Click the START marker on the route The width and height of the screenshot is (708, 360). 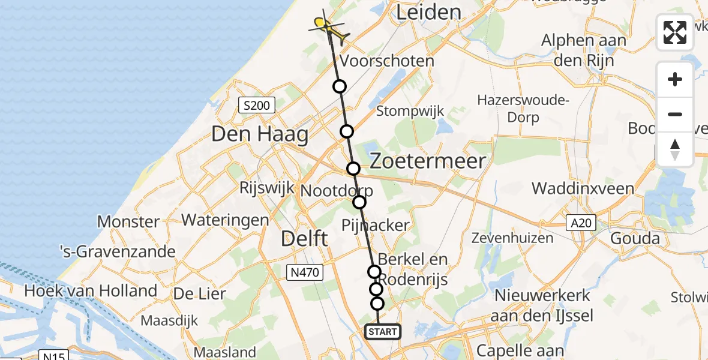click(382, 332)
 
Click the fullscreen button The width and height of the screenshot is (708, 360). click(675, 32)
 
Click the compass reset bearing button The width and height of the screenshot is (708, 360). click(675, 149)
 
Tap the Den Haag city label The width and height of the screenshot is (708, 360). click(260, 134)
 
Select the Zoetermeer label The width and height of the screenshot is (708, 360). click(427, 161)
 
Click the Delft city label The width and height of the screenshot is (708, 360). click(305, 239)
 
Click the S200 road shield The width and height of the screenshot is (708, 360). click(256, 106)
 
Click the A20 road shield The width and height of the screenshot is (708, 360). click(582, 224)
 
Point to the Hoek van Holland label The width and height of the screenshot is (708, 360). click(91, 292)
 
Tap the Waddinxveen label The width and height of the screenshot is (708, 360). click(583, 188)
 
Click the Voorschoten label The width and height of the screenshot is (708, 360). click(387, 61)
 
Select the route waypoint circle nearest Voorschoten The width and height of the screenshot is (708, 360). click(340, 86)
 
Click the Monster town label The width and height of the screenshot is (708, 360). click(128, 221)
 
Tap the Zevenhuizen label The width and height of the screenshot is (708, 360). click(512, 238)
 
